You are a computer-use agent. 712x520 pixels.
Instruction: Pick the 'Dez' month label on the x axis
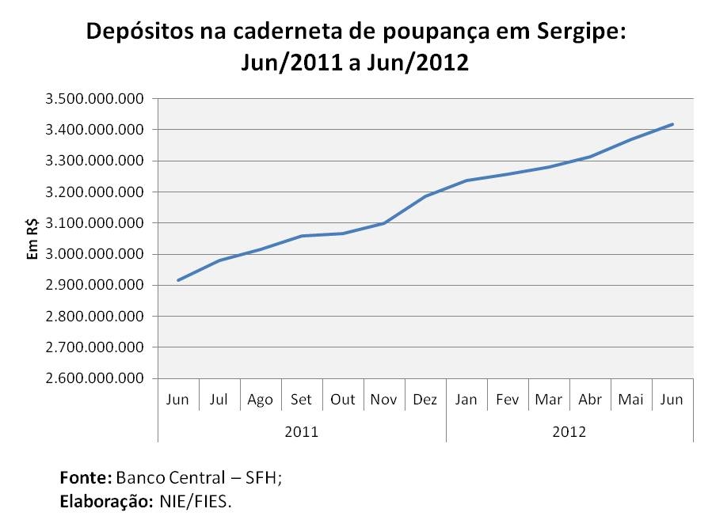click(x=425, y=400)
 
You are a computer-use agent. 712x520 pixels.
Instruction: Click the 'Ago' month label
click(x=261, y=400)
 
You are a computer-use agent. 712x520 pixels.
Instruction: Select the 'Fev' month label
click(x=508, y=400)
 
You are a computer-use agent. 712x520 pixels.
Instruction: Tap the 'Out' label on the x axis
click(x=343, y=400)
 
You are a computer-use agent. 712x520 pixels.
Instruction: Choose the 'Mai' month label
click(x=630, y=400)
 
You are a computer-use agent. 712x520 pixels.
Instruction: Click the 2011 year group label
click(x=302, y=431)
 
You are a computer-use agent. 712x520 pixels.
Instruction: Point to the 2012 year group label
click(x=570, y=431)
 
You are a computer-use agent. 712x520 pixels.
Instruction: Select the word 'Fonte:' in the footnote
click(x=86, y=478)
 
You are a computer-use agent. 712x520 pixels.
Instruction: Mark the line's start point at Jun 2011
click(x=178, y=280)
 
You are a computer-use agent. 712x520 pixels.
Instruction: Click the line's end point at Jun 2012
click(x=672, y=123)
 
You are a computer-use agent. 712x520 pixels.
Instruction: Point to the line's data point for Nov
click(x=384, y=223)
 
